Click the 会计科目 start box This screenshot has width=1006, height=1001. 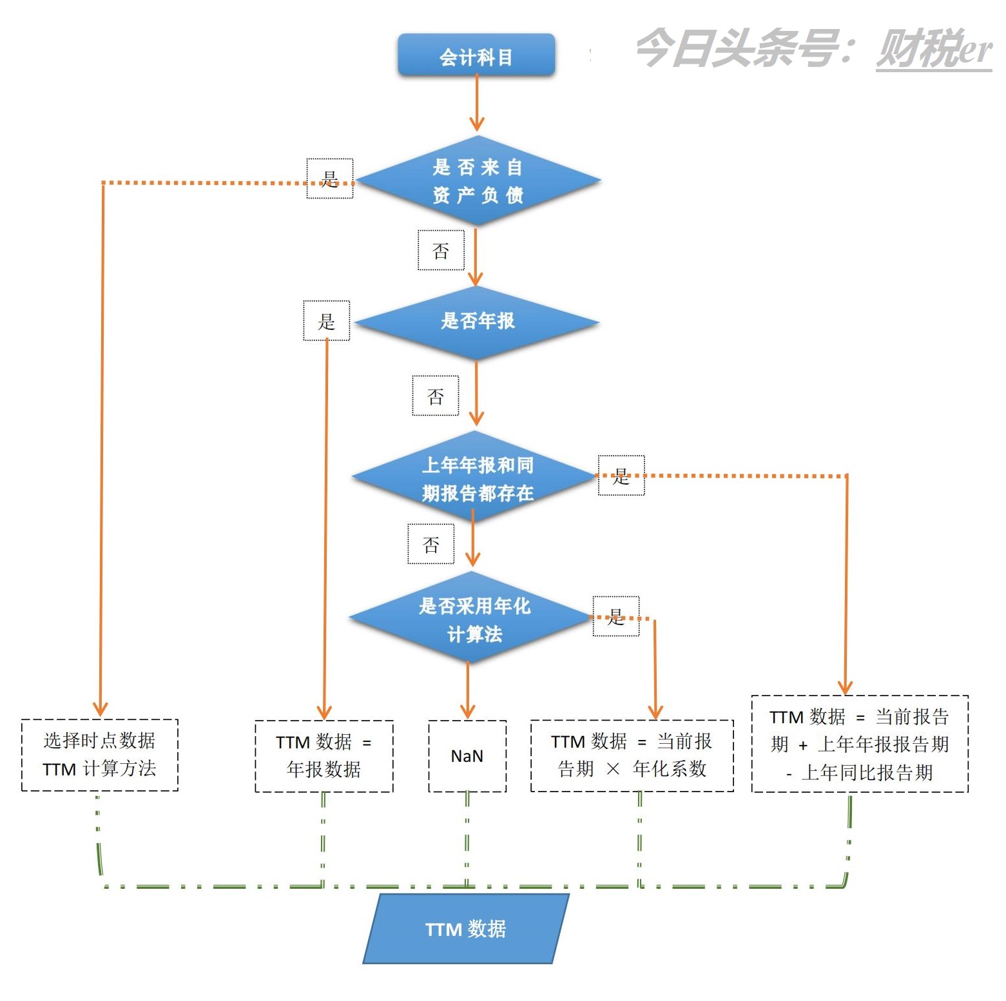coord(476,56)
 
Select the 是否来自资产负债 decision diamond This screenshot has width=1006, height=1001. coord(477,181)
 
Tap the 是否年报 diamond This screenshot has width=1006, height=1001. coord(477,321)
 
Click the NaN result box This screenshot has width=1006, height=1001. coord(467,756)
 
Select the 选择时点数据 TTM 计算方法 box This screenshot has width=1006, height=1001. coord(99,755)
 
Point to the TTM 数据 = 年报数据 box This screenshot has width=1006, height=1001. coord(324,756)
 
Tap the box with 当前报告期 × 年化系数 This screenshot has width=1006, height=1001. coord(632,755)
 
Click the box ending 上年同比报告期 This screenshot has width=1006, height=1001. coord(860,744)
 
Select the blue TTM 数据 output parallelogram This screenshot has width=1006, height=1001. coord(465,929)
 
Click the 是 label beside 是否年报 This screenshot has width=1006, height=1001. coord(327,320)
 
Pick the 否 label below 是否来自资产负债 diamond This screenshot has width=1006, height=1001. coord(441,250)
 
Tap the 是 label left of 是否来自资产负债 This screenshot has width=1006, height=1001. coord(330,178)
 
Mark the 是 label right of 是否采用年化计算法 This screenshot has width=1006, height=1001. coord(616,616)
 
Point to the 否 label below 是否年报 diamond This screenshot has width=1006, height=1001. coord(436,396)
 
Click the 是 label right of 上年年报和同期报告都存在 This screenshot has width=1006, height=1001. coord(621,476)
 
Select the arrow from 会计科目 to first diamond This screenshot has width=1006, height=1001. coord(476,103)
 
